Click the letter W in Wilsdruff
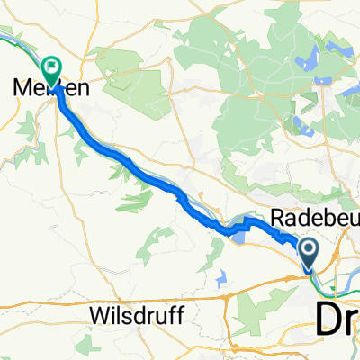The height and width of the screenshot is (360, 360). tap(100, 317)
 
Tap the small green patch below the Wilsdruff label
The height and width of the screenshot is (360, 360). tap(136, 346)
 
